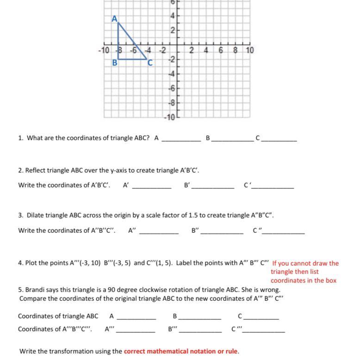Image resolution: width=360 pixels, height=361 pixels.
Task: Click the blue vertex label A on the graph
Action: click(x=114, y=19)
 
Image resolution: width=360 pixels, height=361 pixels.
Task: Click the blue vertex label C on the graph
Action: click(x=150, y=63)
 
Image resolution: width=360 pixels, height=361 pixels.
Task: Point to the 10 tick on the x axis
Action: click(x=250, y=50)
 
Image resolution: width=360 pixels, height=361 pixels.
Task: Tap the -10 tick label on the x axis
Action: click(x=104, y=50)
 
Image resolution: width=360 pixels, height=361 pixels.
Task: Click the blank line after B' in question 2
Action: click(x=213, y=187)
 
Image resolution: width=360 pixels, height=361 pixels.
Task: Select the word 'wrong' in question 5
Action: click(x=269, y=290)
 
